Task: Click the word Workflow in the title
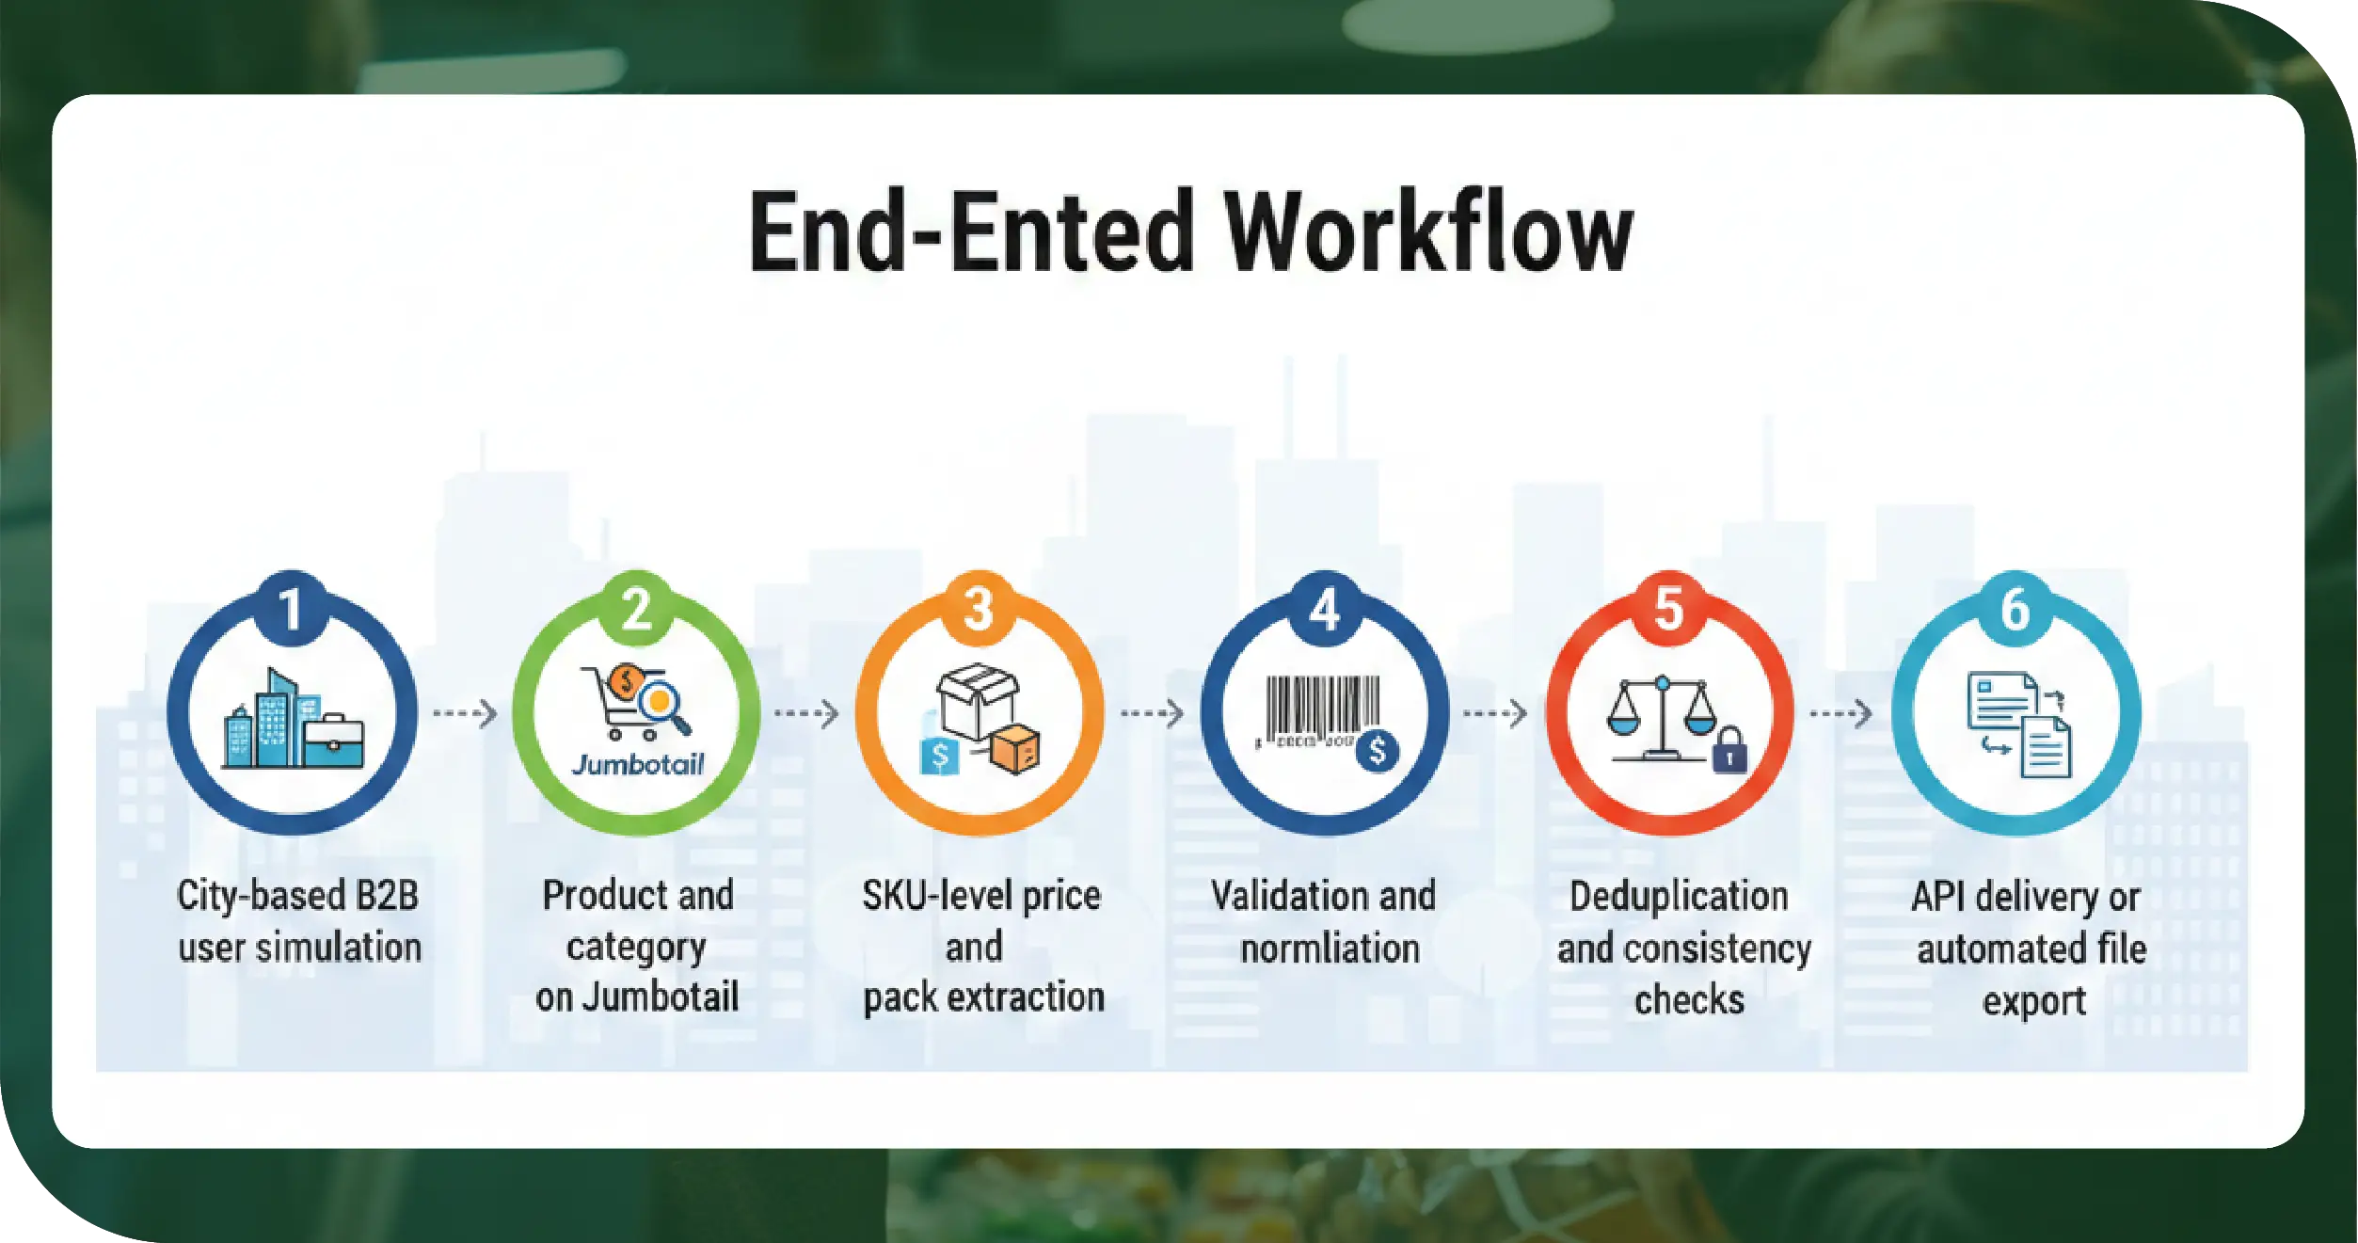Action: coord(1429,232)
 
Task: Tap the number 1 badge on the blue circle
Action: coord(292,609)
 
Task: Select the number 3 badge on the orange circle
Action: coord(979,609)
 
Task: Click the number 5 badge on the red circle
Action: coord(1668,609)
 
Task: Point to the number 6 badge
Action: coord(2015,609)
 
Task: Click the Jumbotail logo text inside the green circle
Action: coord(638,764)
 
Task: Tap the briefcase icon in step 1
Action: coord(332,741)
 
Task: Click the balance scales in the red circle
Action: coord(1662,717)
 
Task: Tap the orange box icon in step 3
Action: coord(1016,750)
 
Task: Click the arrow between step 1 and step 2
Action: coord(465,714)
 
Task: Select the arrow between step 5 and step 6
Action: coord(1840,714)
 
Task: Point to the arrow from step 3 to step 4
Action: coord(1152,714)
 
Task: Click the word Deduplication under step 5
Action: coord(1679,897)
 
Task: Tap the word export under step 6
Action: coord(2033,1001)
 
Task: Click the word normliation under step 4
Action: coord(1330,948)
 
